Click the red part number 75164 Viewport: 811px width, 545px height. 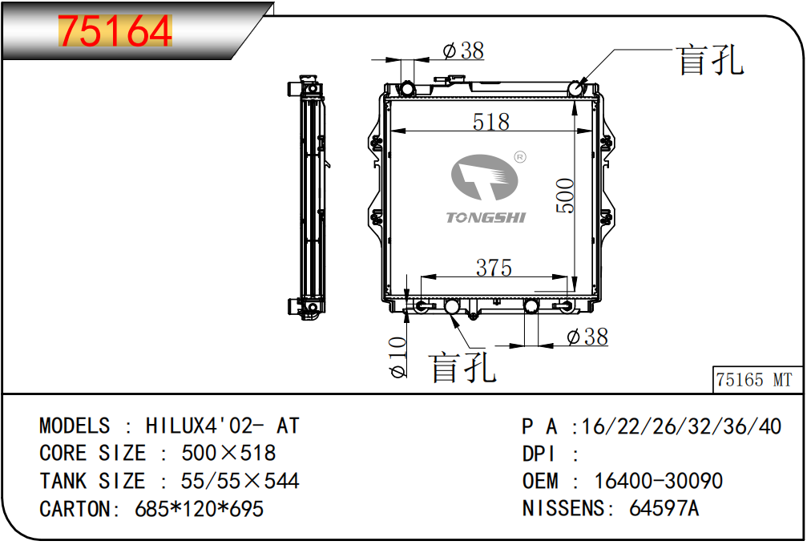[x=115, y=31]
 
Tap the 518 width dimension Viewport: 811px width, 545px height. [x=490, y=122]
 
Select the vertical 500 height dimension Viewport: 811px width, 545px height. [x=565, y=196]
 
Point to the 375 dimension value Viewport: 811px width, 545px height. [x=494, y=268]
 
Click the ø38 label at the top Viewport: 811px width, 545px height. [x=463, y=50]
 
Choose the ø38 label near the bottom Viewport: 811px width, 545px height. [x=587, y=337]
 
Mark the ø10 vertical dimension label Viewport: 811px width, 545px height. [x=397, y=357]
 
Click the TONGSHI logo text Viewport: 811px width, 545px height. [x=486, y=218]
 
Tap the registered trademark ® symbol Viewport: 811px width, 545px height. [x=520, y=156]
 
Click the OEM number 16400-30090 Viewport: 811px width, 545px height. [x=658, y=481]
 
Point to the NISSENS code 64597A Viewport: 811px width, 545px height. [x=664, y=508]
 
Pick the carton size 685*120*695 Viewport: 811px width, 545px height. [x=199, y=509]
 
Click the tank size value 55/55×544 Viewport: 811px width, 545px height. [x=240, y=481]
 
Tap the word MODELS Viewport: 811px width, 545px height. [x=75, y=426]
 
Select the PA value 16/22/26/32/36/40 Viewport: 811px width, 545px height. [x=681, y=426]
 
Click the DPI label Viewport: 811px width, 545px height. [x=539, y=454]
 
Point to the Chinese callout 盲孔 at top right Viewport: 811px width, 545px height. [x=711, y=60]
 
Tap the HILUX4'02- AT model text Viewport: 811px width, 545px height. [x=223, y=426]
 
